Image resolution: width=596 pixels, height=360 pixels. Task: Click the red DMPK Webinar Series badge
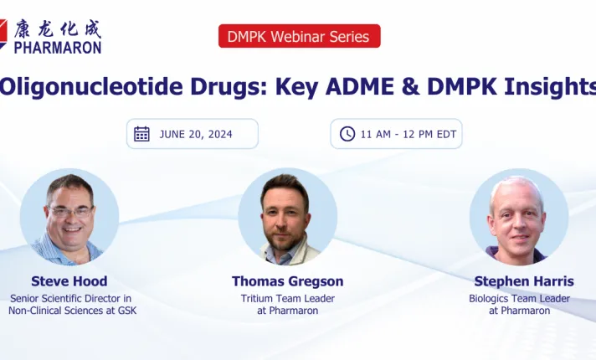pos(299,36)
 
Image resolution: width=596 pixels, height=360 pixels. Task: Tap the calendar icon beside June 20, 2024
pos(142,134)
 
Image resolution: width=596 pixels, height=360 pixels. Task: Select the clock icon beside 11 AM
pos(347,134)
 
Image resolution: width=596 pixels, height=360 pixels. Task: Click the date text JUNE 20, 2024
pos(196,134)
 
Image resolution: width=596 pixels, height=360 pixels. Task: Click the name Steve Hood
pos(69,281)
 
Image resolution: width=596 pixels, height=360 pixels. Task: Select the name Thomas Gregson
pos(287,281)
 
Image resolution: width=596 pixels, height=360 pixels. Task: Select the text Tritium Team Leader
pos(287,298)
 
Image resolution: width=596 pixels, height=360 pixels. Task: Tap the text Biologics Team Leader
pos(519,298)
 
